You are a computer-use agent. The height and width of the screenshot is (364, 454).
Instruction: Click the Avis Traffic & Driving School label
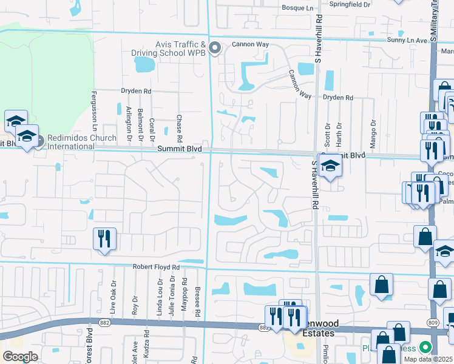coord(173,49)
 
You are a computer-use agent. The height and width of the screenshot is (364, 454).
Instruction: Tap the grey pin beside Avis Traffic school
coord(214,47)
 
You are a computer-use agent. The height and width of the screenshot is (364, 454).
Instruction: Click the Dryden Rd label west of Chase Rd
coord(135,91)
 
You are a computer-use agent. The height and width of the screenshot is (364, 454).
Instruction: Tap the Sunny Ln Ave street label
coord(408,40)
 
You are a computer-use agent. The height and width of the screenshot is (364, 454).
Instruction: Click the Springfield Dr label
coord(350,4)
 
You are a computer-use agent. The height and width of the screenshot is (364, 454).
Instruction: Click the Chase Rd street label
coord(179,125)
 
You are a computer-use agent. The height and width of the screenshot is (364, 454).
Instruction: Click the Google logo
coord(20,357)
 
